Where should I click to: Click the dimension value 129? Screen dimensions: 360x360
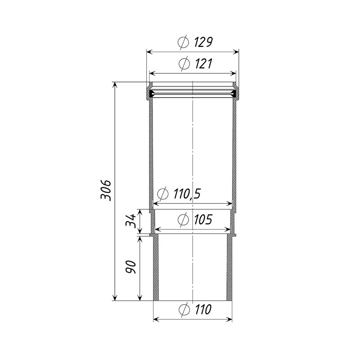203,42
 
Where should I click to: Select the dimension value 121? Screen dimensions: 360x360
203,63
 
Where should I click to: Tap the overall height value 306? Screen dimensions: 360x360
106,190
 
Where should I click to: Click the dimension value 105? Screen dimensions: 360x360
203,220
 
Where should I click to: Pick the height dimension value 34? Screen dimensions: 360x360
130,220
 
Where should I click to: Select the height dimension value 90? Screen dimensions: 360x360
130,267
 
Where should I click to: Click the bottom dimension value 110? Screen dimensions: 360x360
203,309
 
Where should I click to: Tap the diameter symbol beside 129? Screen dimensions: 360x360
184,42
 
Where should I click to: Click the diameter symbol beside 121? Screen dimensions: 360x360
184,64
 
